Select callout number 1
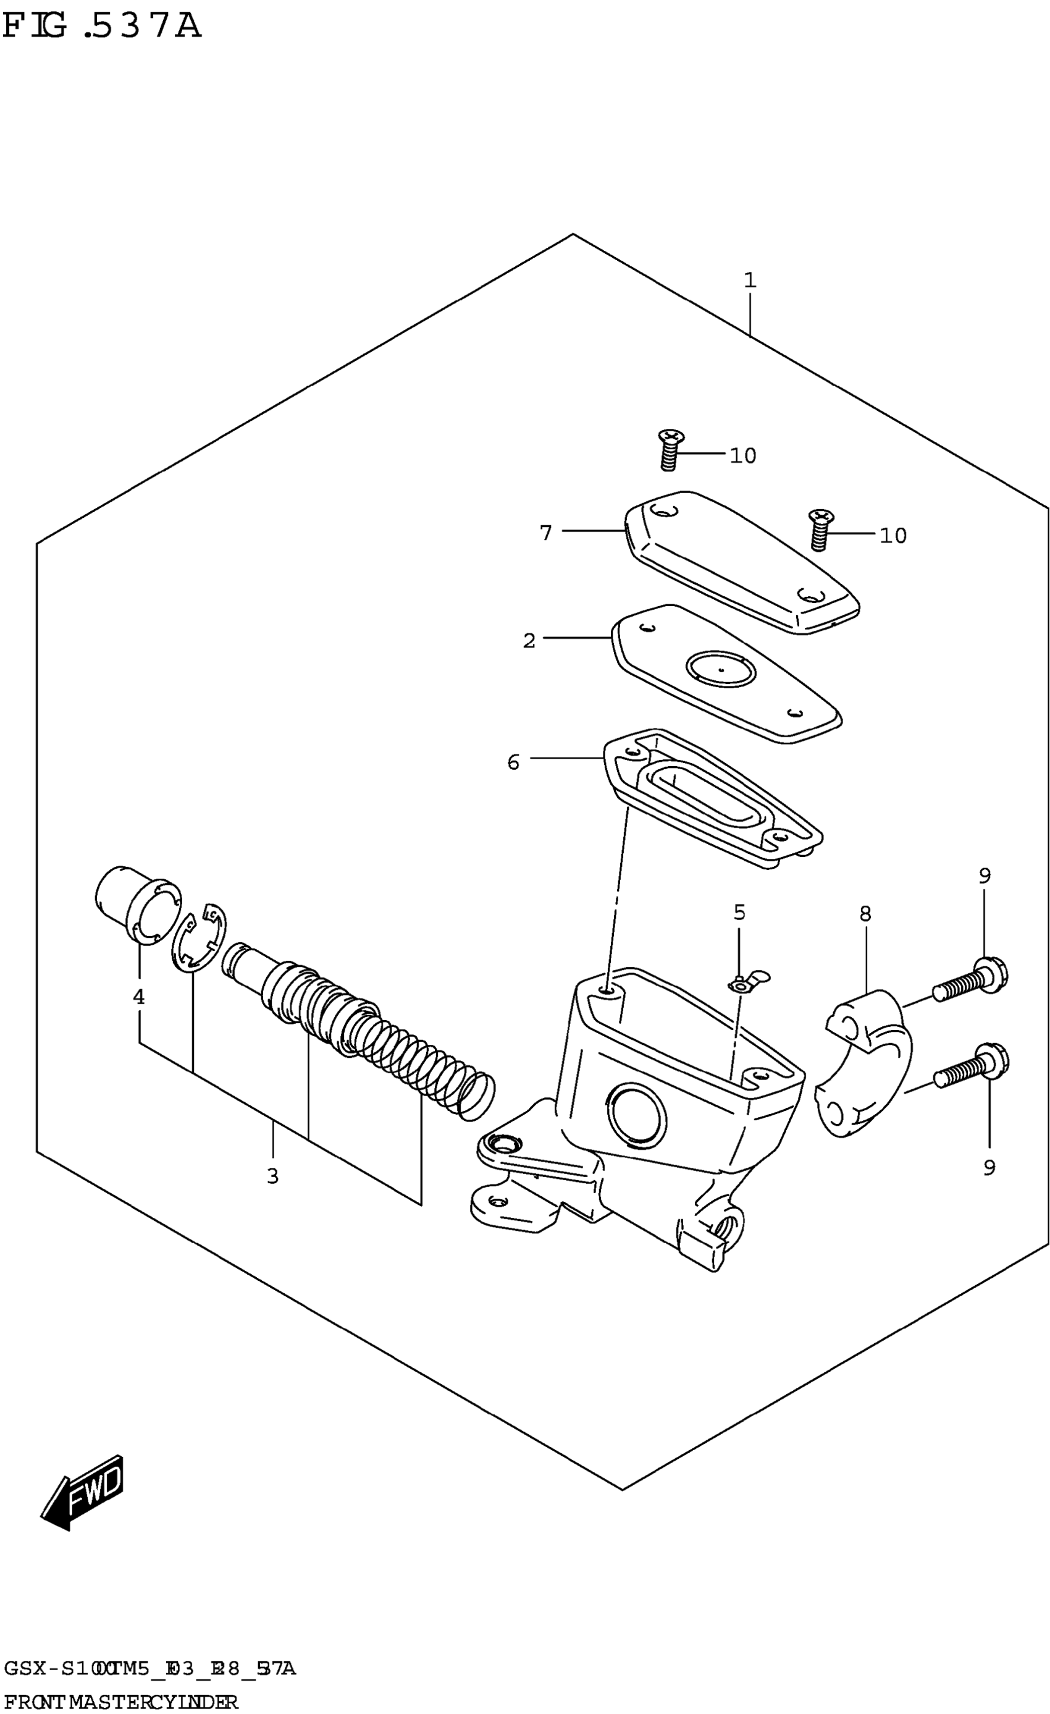coord(749,281)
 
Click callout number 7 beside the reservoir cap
coord(546,533)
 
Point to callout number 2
coord(529,641)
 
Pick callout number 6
coord(513,762)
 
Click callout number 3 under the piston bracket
coord(272,1176)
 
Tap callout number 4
coord(139,997)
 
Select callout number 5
coord(739,912)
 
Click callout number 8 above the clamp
coord(865,914)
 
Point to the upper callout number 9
coord(985,876)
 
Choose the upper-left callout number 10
coord(742,455)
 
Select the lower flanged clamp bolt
coord(972,1067)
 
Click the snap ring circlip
coord(199,939)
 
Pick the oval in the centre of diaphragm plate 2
coord(720,669)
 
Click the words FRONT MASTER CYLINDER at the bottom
coord(121,1702)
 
